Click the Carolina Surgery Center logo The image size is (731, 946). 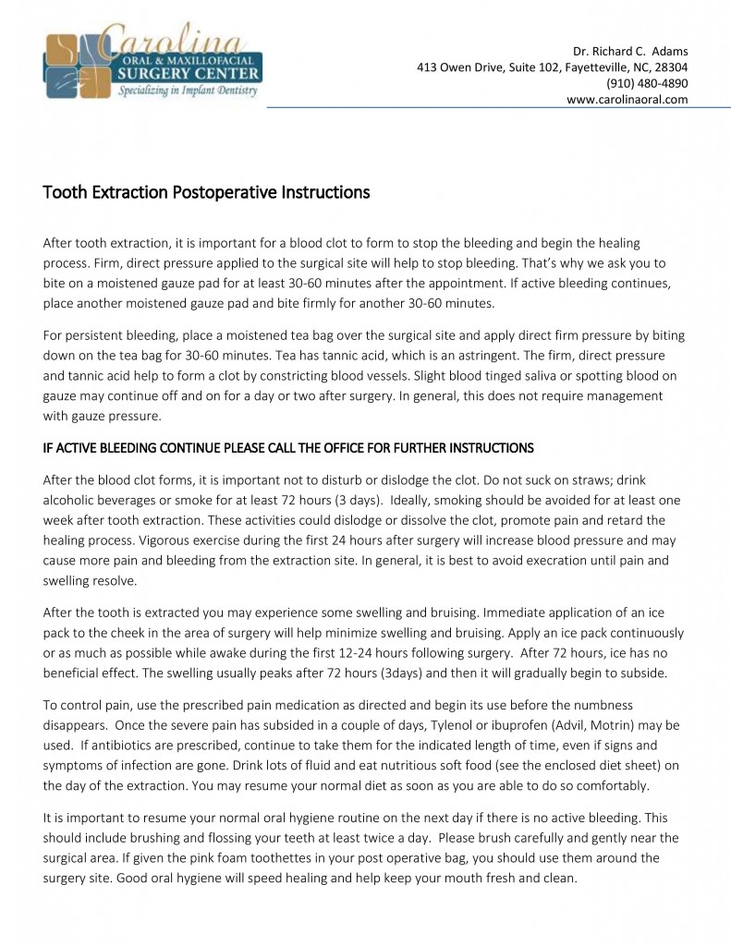152,63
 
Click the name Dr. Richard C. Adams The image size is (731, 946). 630,50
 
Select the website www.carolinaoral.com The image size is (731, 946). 627,100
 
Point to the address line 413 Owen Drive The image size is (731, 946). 552,67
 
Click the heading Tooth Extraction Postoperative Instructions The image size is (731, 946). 206,193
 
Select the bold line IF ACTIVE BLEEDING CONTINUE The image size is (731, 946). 288,448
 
